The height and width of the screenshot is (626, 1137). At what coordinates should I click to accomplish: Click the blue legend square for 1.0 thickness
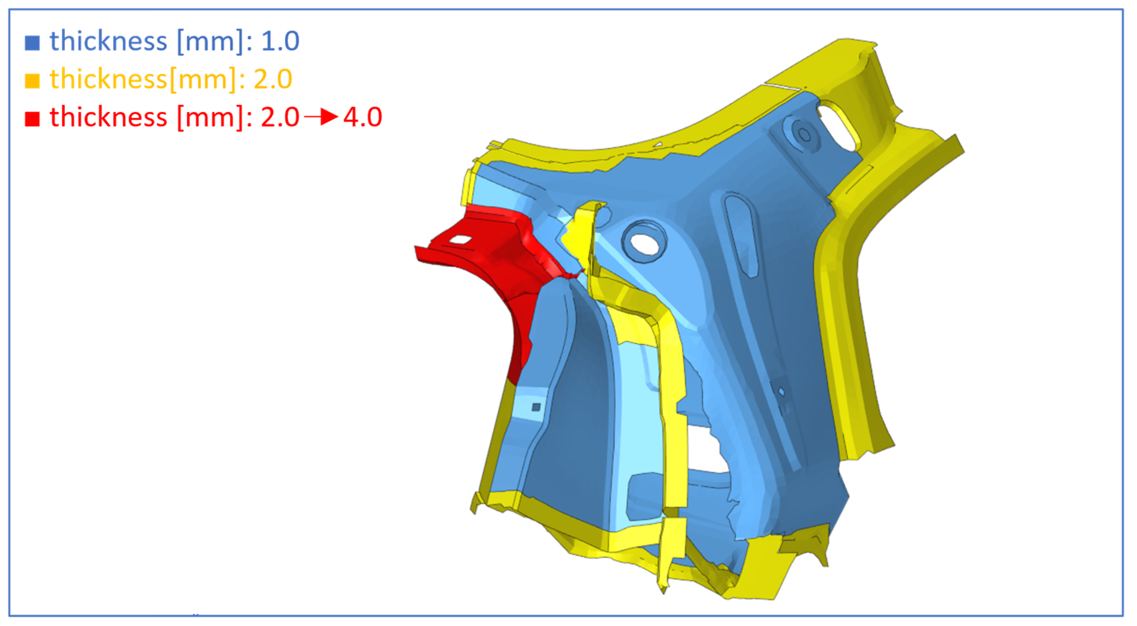point(32,43)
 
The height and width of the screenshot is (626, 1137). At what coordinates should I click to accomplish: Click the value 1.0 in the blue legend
point(280,41)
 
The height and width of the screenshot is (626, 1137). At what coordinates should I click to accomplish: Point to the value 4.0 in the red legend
point(363,117)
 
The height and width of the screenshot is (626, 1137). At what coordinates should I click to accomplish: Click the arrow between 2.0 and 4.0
point(321,117)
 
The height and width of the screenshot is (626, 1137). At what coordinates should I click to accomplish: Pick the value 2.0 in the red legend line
point(280,117)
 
